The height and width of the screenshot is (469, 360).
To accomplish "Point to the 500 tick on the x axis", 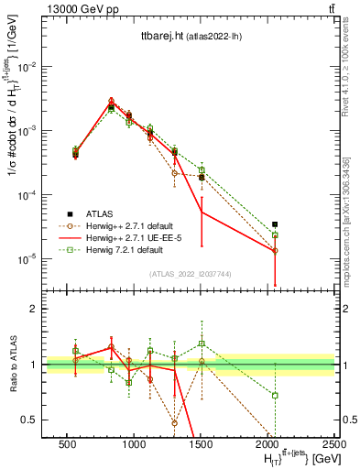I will point(67,443).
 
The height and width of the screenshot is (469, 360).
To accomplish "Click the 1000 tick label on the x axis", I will point(134,443).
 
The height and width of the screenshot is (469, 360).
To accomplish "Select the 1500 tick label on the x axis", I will point(201,443).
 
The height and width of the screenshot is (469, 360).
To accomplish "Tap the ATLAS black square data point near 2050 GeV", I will point(275,224).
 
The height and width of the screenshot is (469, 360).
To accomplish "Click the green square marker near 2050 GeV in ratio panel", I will point(275,395).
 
